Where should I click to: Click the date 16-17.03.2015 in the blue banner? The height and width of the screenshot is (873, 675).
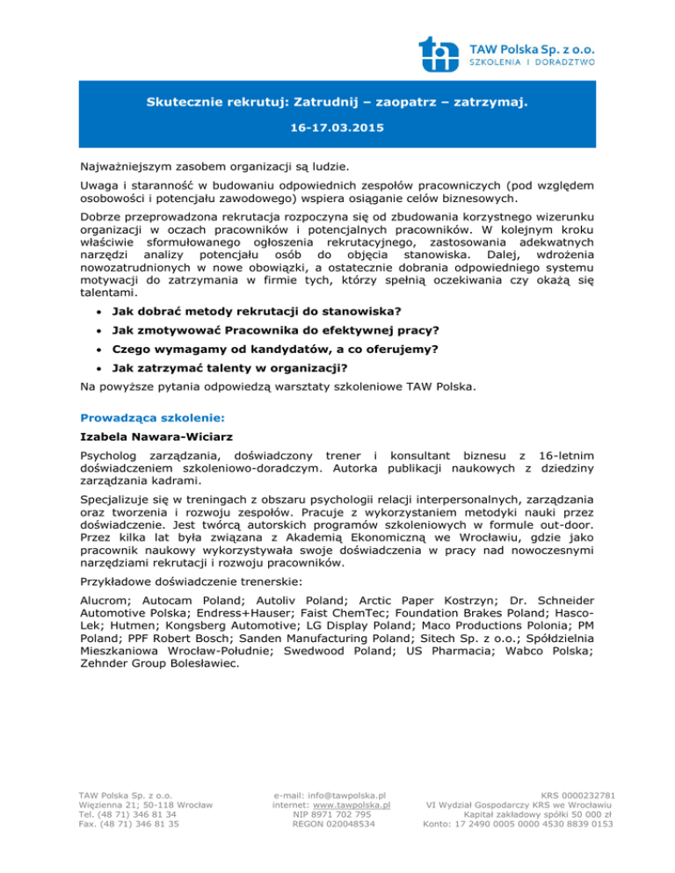coord(337,127)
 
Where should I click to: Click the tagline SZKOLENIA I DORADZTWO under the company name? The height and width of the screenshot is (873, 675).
coord(545,62)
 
